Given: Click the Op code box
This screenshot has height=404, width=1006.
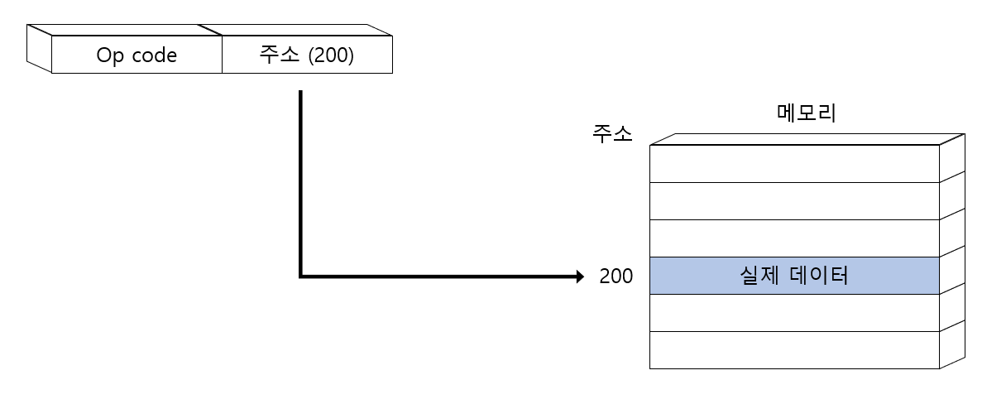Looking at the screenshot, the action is click(x=137, y=55).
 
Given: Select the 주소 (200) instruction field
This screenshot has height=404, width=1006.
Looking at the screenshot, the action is click(x=307, y=55).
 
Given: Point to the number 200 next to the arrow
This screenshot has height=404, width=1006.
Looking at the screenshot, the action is click(x=616, y=277).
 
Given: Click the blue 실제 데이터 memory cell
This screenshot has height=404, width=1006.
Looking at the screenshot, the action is click(x=794, y=276).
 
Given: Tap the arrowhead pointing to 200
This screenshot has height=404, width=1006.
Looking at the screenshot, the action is click(x=579, y=277).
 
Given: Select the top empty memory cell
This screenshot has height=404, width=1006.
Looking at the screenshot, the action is click(x=794, y=163).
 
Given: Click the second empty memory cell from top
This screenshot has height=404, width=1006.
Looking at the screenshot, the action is click(x=794, y=200).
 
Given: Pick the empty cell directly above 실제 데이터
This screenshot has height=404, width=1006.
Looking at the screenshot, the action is click(x=794, y=238).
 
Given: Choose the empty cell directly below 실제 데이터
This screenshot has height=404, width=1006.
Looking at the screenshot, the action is click(x=794, y=313).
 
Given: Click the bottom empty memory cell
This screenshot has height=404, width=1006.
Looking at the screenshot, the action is click(x=794, y=350).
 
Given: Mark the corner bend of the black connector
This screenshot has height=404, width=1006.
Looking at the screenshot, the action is click(x=300, y=276).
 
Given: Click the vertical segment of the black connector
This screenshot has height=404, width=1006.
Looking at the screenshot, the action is click(x=300, y=182).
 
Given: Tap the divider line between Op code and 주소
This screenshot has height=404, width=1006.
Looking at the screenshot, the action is click(x=222, y=55).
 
